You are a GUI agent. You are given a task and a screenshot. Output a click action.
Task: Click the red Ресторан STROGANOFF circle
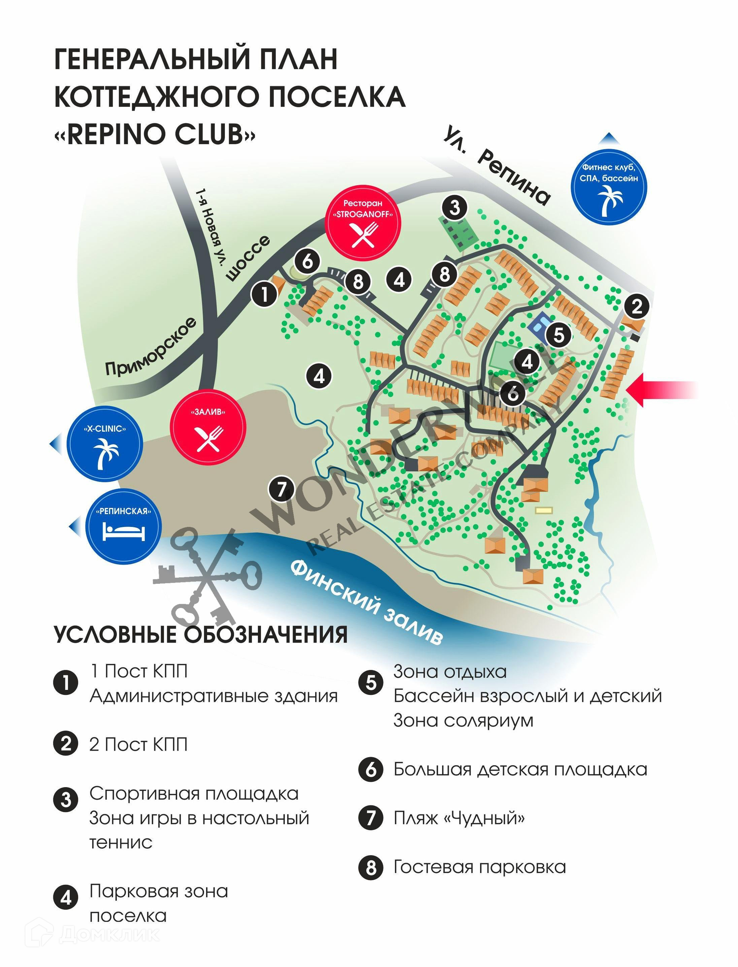(x=362, y=223)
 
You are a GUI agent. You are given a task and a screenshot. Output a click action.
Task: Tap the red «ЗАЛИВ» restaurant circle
(x=208, y=428)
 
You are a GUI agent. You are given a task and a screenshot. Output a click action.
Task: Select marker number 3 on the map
(x=455, y=207)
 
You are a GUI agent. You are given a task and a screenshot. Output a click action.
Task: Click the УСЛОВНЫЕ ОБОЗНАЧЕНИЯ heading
(x=201, y=634)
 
